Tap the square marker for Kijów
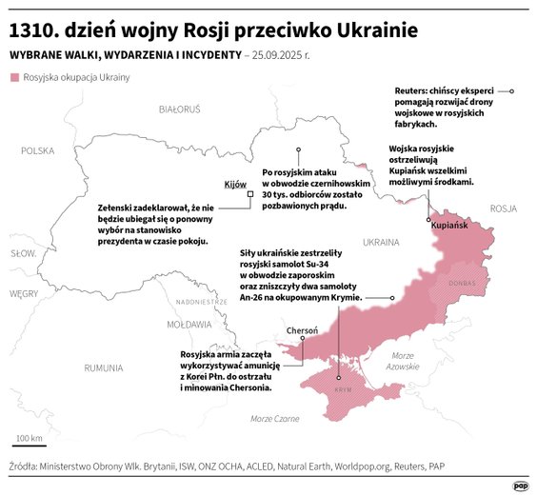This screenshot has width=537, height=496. tap(250, 193)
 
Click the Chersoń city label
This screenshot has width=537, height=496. tap(303, 331)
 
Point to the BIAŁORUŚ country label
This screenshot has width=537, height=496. tap(179, 109)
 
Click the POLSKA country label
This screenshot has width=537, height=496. tap(39, 150)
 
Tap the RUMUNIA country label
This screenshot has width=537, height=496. tap(104, 367)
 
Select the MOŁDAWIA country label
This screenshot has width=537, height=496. tap(189, 324)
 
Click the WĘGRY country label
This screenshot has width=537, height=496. tap(24, 294)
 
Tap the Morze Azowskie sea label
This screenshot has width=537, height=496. tap(404, 360)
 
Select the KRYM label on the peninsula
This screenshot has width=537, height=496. tap(344, 390)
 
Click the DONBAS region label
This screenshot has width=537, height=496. tap(462, 283)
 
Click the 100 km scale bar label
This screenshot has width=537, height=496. tap(28, 439)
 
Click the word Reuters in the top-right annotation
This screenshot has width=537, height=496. tap(411, 90)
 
